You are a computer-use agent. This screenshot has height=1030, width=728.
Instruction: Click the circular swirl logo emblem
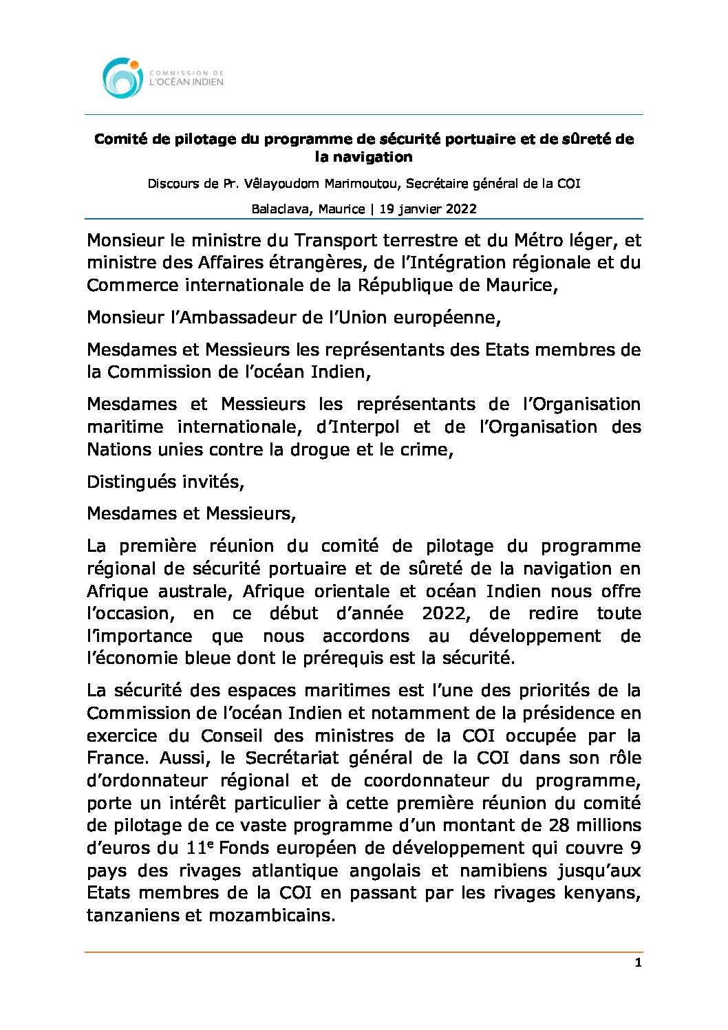click(x=122, y=77)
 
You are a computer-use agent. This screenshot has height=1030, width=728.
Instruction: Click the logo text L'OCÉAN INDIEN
click(x=186, y=82)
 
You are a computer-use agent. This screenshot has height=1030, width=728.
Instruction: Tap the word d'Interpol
click(x=358, y=427)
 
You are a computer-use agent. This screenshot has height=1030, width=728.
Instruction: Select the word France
click(x=116, y=758)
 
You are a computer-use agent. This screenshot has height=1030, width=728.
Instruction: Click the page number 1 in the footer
click(x=638, y=963)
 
